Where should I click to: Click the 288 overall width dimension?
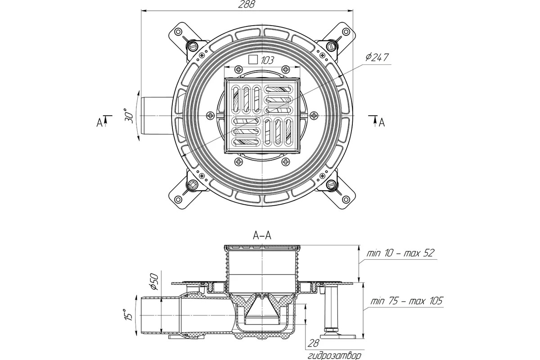(x=247, y=5)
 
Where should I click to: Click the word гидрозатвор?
(x=334, y=355)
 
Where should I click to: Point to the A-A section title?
(x=262, y=235)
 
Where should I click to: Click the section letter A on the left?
(x=99, y=121)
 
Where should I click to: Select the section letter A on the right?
(x=382, y=121)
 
